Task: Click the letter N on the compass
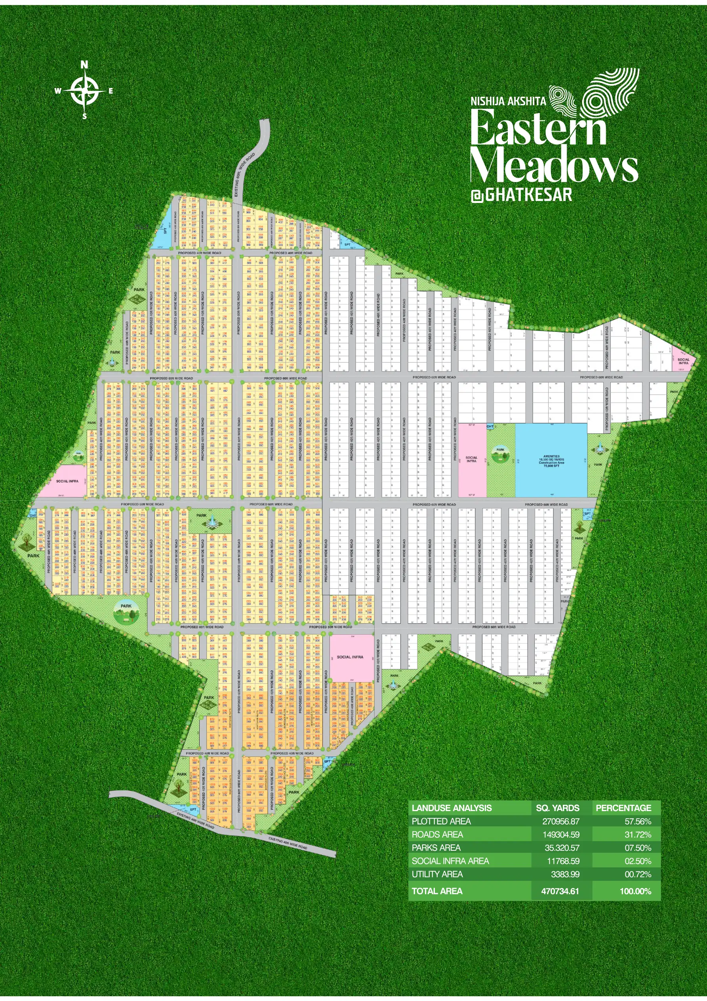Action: pyautogui.click(x=84, y=65)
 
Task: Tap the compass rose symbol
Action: pyautogui.click(x=84, y=91)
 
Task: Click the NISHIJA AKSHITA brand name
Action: pyautogui.click(x=508, y=101)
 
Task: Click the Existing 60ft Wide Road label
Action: pyautogui.click(x=245, y=174)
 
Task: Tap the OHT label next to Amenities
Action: pyautogui.click(x=490, y=426)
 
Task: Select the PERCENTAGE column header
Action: pyautogui.click(x=623, y=808)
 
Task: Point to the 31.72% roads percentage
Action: pyautogui.click(x=638, y=834)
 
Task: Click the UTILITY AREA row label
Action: pyautogui.click(x=437, y=874)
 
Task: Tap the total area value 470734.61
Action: pyautogui.click(x=560, y=891)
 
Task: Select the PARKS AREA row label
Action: pyautogui.click(x=436, y=848)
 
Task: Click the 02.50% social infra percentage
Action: pyautogui.click(x=638, y=861)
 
